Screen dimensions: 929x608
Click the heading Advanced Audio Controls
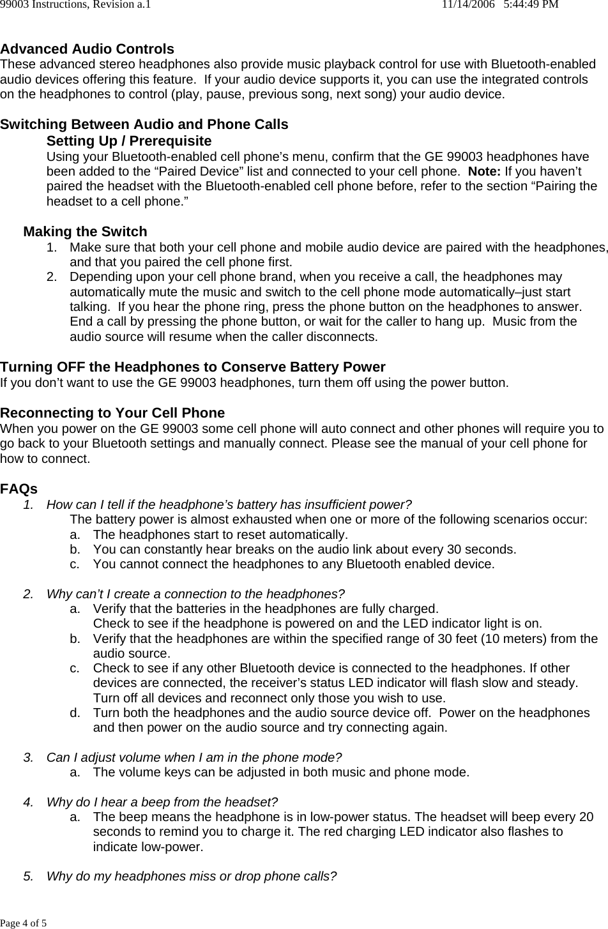[x=87, y=49]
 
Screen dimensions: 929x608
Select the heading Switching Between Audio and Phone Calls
[x=144, y=125]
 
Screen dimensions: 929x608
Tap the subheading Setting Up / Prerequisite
[x=129, y=140]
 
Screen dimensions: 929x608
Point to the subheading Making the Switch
[x=85, y=232]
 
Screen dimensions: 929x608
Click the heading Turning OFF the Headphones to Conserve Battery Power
[x=193, y=367]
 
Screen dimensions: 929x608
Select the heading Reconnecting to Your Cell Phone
[x=112, y=413]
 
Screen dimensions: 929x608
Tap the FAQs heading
[x=19, y=489]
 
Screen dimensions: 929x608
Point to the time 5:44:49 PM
[x=531, y=5]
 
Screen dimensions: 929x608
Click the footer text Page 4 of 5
[x=23, y=923]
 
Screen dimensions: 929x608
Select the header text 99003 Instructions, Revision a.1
[x=75, y=5]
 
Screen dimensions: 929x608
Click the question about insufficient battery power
[x=229, y=505]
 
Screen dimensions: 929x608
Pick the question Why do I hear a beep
[x=162, y=802]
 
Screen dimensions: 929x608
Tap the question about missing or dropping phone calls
[x=192, y=876]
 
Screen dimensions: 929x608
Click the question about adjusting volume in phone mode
[x=194, y=758]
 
